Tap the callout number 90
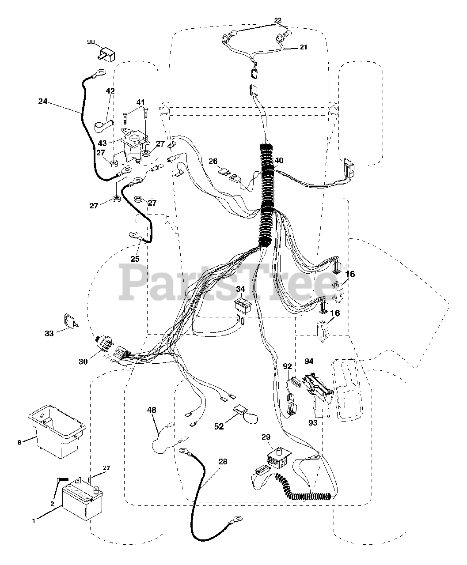91,42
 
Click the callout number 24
42,101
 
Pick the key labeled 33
69,321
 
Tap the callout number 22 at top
277,20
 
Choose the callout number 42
110,91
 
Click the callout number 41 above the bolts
140,102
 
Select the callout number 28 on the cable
223,462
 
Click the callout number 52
219,426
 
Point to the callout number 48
152,410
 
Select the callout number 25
135,259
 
